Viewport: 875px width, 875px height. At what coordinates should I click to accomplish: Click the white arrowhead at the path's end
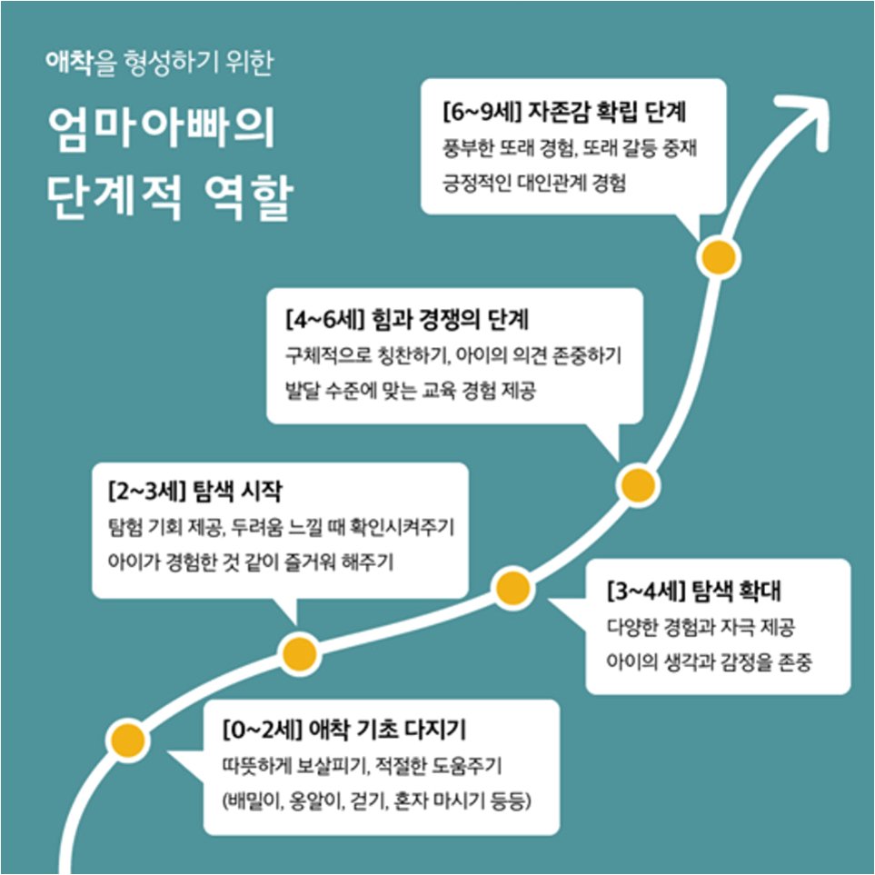coord(811,115)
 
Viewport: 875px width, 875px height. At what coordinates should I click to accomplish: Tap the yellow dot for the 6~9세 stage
coord(717,257)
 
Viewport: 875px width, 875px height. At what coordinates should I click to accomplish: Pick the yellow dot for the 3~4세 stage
coord(512,589)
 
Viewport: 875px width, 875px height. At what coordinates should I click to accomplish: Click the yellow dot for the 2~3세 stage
coord(299,651)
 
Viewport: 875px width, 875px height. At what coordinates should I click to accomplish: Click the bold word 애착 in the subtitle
coord(69,63)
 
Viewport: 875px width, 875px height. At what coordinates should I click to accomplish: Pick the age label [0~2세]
coord(261,731)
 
